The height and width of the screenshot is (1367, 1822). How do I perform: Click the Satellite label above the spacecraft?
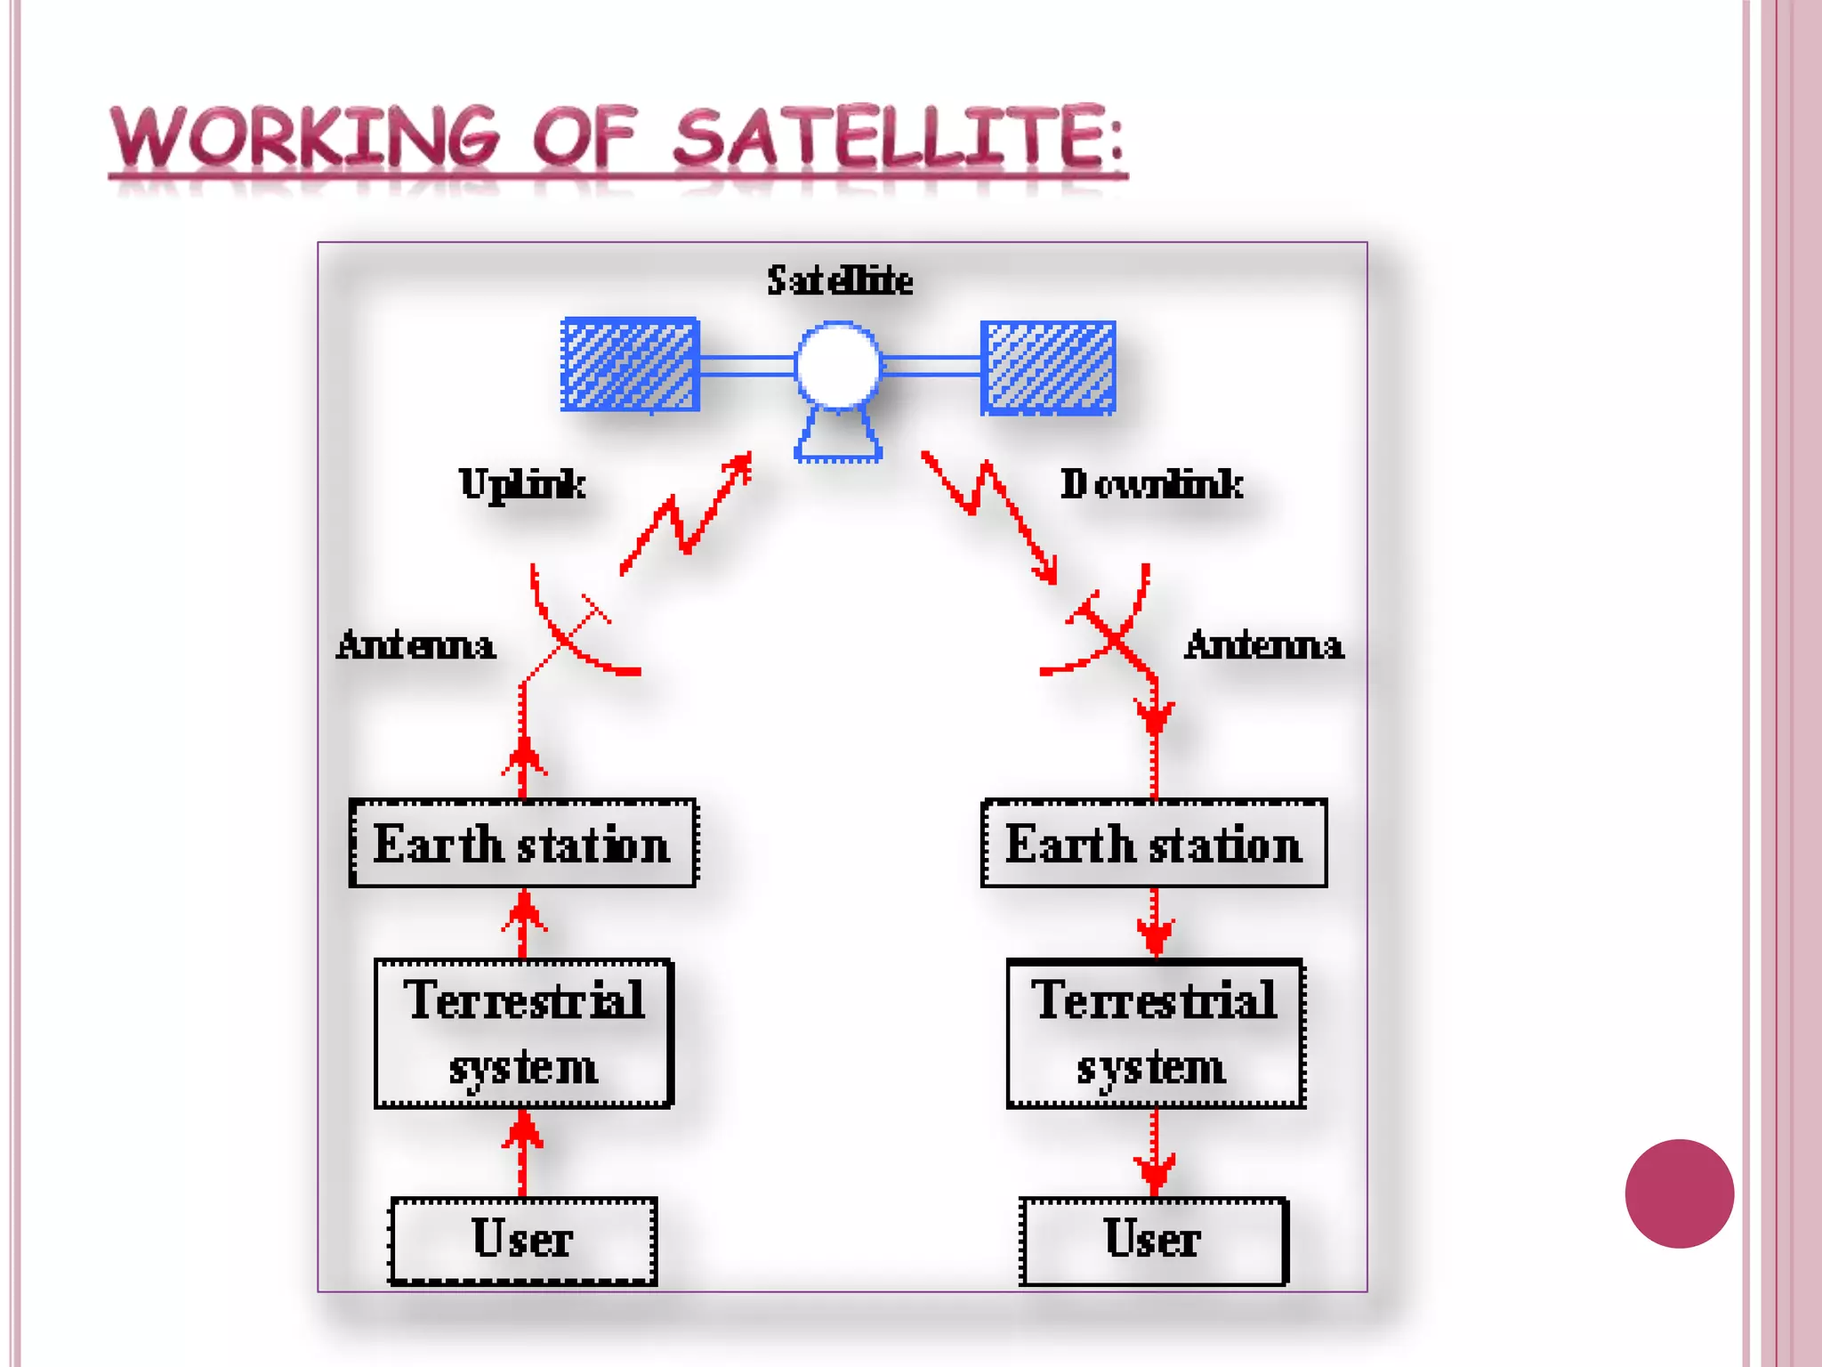coord(840,280)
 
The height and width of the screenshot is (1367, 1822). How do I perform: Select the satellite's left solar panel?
coord(630,365)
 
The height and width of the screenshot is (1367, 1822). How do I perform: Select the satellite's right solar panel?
coord(1048,368)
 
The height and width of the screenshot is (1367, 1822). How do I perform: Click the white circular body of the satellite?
coord(837,366)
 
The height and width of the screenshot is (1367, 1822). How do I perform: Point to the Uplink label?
coord(522,484)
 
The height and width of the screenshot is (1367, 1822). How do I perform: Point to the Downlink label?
coord(1151,484)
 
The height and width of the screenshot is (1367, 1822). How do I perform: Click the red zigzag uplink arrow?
coord(685,516)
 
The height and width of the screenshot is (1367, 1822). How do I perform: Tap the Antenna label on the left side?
coord(415,645)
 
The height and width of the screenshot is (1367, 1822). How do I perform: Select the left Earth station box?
coord(522,843)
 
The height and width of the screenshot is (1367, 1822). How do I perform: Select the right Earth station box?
coord(1154,843)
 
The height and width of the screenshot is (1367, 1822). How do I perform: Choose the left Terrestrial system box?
coord(523,1033)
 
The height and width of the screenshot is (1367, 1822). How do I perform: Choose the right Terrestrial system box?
coord(1155,1033)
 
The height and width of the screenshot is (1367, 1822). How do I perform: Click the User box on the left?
coord(523,1240)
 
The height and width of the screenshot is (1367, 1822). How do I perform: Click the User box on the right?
coord(1154,1240)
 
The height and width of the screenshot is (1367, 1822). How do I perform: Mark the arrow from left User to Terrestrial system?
coord(523,1153)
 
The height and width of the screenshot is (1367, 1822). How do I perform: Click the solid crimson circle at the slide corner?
coord(1679,1193)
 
